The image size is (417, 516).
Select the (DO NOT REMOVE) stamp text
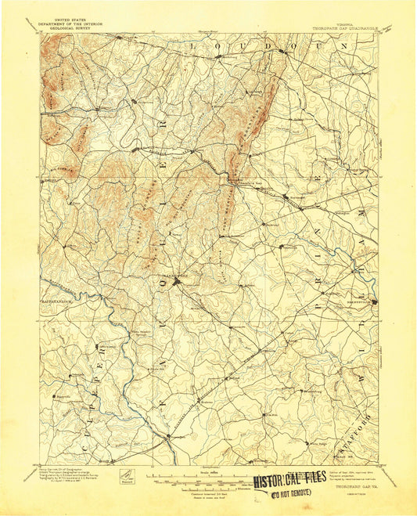291,493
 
